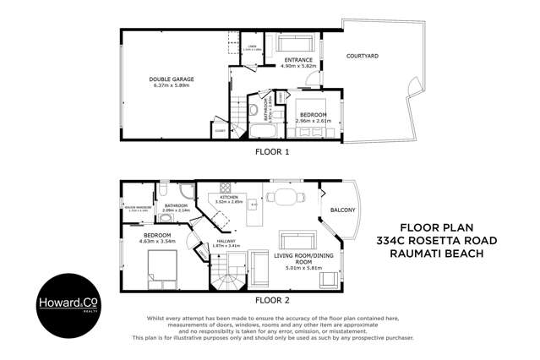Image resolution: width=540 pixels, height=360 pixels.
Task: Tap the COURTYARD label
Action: tap(363, 56)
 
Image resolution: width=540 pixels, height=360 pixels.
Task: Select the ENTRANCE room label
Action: tap(298, 60)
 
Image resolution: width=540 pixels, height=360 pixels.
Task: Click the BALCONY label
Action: tap(343, 210)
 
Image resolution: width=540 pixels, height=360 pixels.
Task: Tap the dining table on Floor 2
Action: tap(284, 198)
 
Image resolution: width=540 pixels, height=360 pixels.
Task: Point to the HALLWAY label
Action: tap(226, 241)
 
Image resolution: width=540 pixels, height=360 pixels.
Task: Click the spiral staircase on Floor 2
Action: tap(225, 275)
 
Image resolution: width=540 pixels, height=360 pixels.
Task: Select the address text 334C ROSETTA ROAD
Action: tap(442, 241)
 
